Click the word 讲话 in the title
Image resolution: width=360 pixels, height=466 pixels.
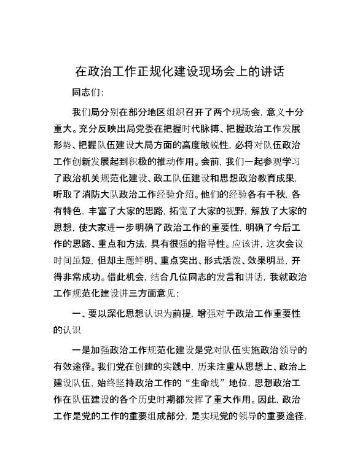coord(272,71)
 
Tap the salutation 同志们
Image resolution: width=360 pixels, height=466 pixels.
coord(88,93)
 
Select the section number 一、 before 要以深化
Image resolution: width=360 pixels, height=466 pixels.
coord(79,315)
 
